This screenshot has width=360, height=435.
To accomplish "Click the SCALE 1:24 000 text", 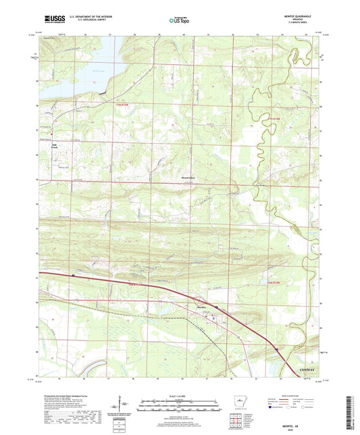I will pos(180,395).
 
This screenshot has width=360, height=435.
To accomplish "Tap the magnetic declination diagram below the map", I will pos(119,408).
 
